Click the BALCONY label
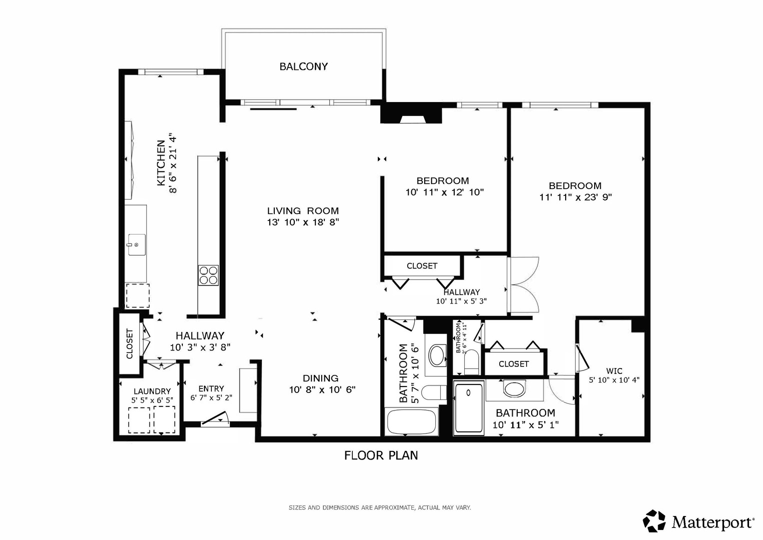pyautogui.click(x=303, y=66)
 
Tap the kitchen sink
pyautogui.click(x=137, y=244)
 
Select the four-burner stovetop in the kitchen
pyautogui.click(x=208, y=275)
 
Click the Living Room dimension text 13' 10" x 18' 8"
pyautogui.click(x=303, y=222)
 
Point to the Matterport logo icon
pyautogui.click(x=654, y=520)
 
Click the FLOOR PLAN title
pyautogui.click(x=381, y=455)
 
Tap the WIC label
pyautogui.click(x=614, y=371)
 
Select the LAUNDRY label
pyautogui.click(x=152, y=391)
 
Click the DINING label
pyautogui.click(x=320, y=378)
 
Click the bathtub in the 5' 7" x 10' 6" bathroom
pyautogui.click(x=411, y=421)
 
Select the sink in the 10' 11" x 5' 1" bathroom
pyautogui.click(x=514, y=389)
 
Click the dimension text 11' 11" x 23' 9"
pyautogui.click(x=576, y=197)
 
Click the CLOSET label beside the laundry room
pyautogui.click(x=129, y=343)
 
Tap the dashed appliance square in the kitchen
pyautogui.click(x=137, y=295)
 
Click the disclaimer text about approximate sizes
pyautogui.click(x=380, y=507)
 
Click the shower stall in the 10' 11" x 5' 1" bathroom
pyautogui.click(x=469, y=408)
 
